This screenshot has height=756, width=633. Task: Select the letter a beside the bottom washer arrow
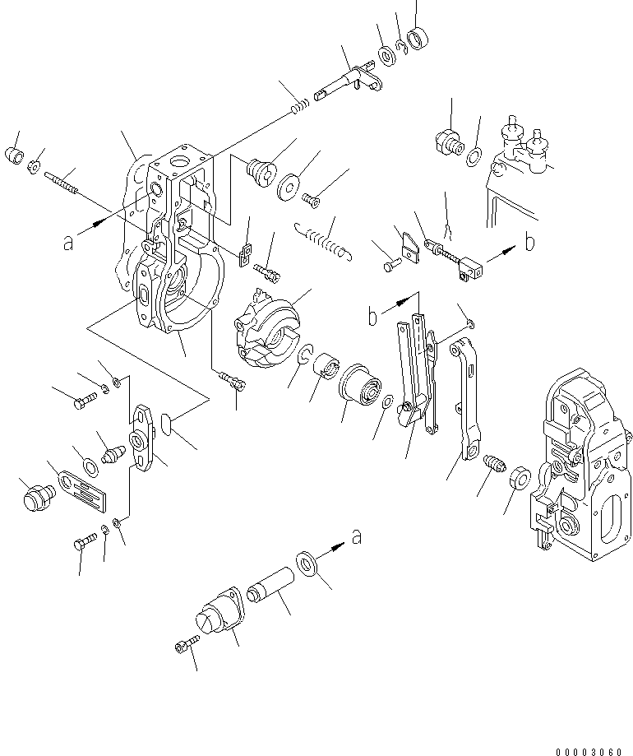pyautogui.click(x=356, y=537)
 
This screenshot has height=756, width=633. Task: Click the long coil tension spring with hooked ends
pyautogui.click(x=323, y=242)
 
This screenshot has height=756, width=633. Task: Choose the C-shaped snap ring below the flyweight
pyautogui.click(x=303, y=355)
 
